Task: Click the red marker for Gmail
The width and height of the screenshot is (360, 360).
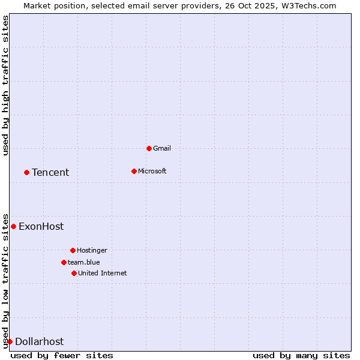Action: point(149,148)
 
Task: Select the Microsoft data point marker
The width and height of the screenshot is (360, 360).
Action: point(134,171)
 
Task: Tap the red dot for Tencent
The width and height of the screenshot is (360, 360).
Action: point(26,172)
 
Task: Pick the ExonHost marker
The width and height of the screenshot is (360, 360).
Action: point(13,226)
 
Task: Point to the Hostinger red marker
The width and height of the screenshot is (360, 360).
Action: point(73,250)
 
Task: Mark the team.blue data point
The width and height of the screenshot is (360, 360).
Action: point(64,262)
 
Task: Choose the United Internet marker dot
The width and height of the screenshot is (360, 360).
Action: point(74,273)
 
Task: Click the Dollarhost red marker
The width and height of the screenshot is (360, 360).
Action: point(10,341)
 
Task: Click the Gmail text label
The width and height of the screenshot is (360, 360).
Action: point(162,148)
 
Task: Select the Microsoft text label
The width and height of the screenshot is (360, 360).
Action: point(152,171)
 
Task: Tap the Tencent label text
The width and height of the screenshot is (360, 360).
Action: point(50,172)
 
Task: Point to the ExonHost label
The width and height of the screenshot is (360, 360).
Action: point(41,226)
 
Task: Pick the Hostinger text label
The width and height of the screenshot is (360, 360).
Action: point(92,250)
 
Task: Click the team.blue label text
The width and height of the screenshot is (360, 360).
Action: point(84,262)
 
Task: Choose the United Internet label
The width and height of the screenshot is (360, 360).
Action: point(103,273)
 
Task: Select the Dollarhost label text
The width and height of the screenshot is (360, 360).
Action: point(39,341)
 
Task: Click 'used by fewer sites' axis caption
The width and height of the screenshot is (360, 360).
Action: point(62,355)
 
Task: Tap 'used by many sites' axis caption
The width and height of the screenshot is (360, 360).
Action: point(301,355)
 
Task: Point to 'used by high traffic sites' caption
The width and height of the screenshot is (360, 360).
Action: point(5,85)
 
